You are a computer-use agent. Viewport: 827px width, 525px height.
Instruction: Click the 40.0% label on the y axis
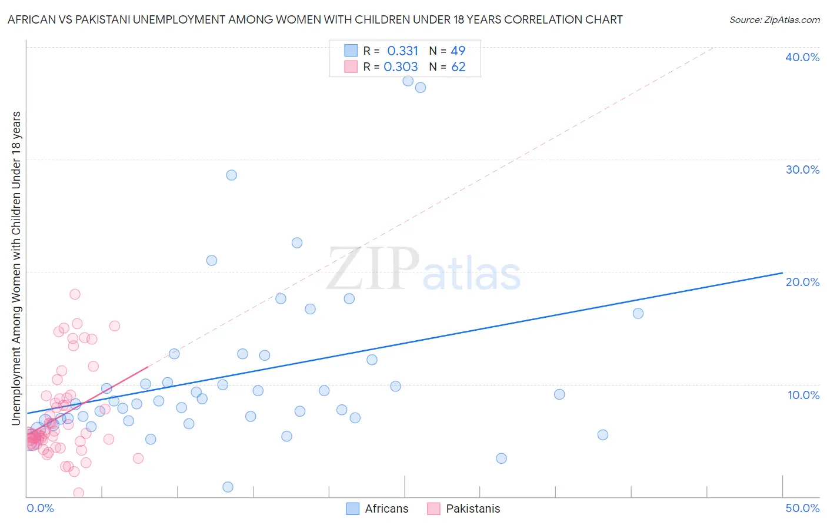click(x=802, y=57)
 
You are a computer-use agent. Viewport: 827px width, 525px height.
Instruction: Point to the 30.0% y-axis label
click(x=802, y=170)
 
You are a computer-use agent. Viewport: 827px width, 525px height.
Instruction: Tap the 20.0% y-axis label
click(x=802, y=282)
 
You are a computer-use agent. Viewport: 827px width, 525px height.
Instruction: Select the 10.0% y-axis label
click(x=803, y=395)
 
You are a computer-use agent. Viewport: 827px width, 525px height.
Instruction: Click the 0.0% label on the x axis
click(x=41, y=508)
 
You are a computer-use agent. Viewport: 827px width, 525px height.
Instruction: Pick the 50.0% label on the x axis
click(x=802, y=508)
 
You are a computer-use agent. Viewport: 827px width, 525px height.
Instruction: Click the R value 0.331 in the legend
click(x=402, y=51)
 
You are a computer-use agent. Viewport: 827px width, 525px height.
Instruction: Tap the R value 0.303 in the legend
click(x=401, y=67)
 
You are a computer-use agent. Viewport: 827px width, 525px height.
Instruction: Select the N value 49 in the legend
click(x=458, y=51)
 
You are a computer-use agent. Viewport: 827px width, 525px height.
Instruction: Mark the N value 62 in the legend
click(x=458, y=67)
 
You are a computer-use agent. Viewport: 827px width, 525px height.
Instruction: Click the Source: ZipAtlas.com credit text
click(x=774, y=20)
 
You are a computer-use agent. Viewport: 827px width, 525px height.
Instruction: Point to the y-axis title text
click(x=16, y=268)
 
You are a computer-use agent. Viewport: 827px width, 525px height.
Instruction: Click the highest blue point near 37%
click(x=408, y=81)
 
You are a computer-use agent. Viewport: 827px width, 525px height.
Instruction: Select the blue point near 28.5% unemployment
click(x=232, y=175)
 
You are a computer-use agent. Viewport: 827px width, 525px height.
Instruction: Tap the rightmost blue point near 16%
click(x=638, y=313)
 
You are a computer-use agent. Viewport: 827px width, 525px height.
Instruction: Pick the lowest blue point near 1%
click(x=228, y=487)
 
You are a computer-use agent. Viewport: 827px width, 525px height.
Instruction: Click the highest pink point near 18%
click(x=75, y=294)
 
